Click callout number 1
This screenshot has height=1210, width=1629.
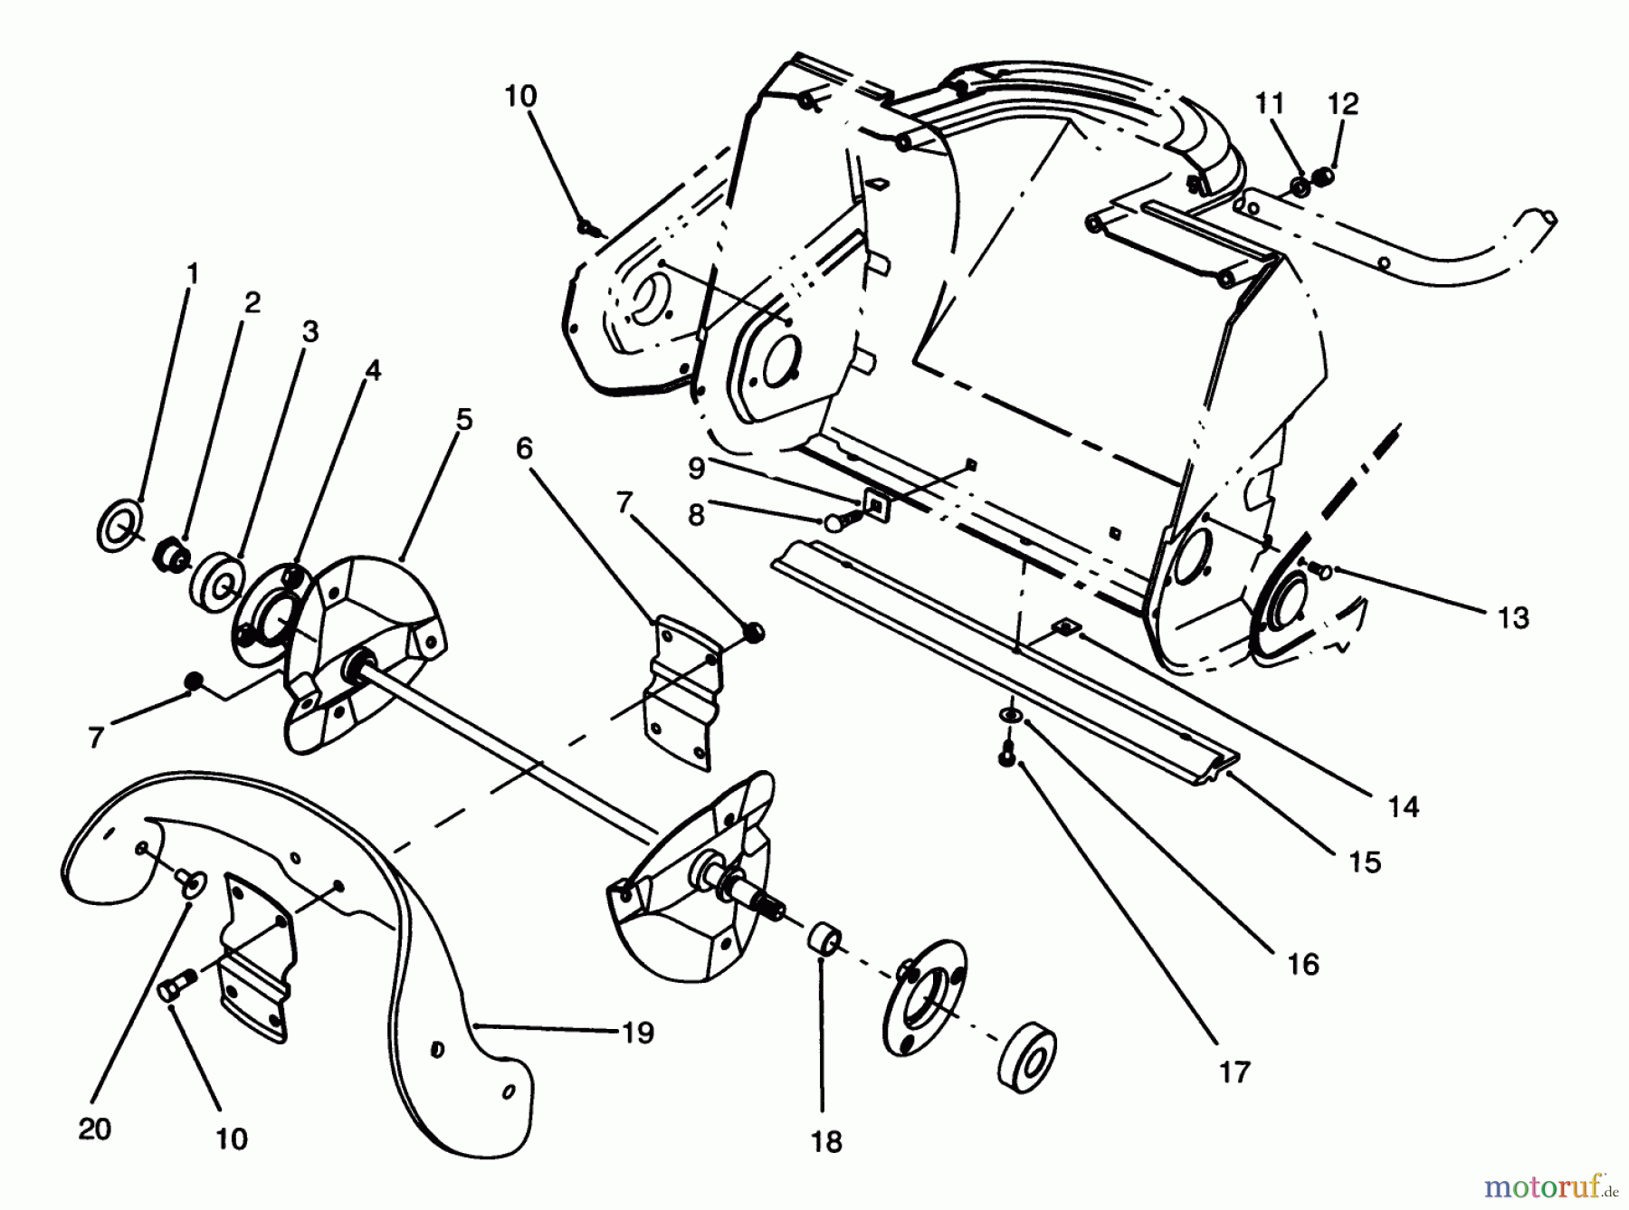(191, 273)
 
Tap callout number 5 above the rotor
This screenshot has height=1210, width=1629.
(464, 419)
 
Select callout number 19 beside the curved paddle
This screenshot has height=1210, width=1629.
(638, 1033)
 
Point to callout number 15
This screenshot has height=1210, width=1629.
(1364, 862)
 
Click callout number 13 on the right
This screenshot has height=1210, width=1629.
(1512, 618)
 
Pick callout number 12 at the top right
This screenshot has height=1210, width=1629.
(1343, 104)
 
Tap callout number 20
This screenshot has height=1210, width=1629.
(95, 1129)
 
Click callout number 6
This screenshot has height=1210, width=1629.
(525, 448)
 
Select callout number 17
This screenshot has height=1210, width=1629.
(1234, 1072)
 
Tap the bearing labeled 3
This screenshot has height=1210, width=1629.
(219, 579)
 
